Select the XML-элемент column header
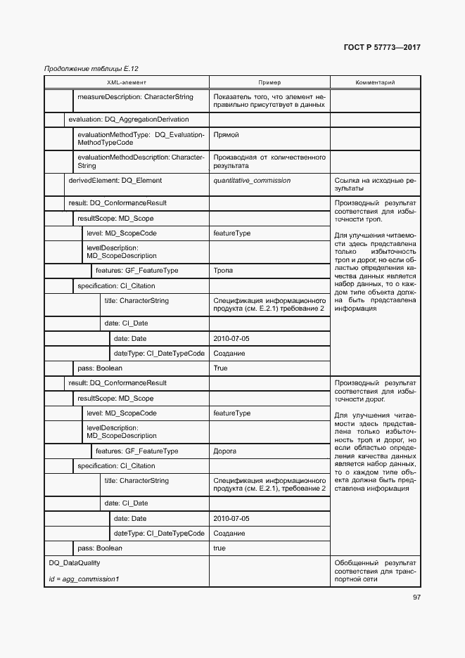[x=127, y=82]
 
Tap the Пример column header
[x=269, y=82]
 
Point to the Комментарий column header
[x=375, y=82]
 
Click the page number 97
[x=416, y=597]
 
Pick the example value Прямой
[x=226, y=134]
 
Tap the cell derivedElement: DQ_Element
[x=115, y=181]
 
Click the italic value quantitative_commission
[x=251, y=181]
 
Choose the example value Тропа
[x=223, y=271]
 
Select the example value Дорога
[x=225, y=451]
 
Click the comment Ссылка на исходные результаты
[x=375, y=185]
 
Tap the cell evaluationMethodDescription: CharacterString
[x=141, y=161]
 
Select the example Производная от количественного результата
[x=269, y=161]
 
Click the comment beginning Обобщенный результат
[x=375, y=571]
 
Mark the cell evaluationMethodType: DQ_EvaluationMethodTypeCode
[x=141, y=138]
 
